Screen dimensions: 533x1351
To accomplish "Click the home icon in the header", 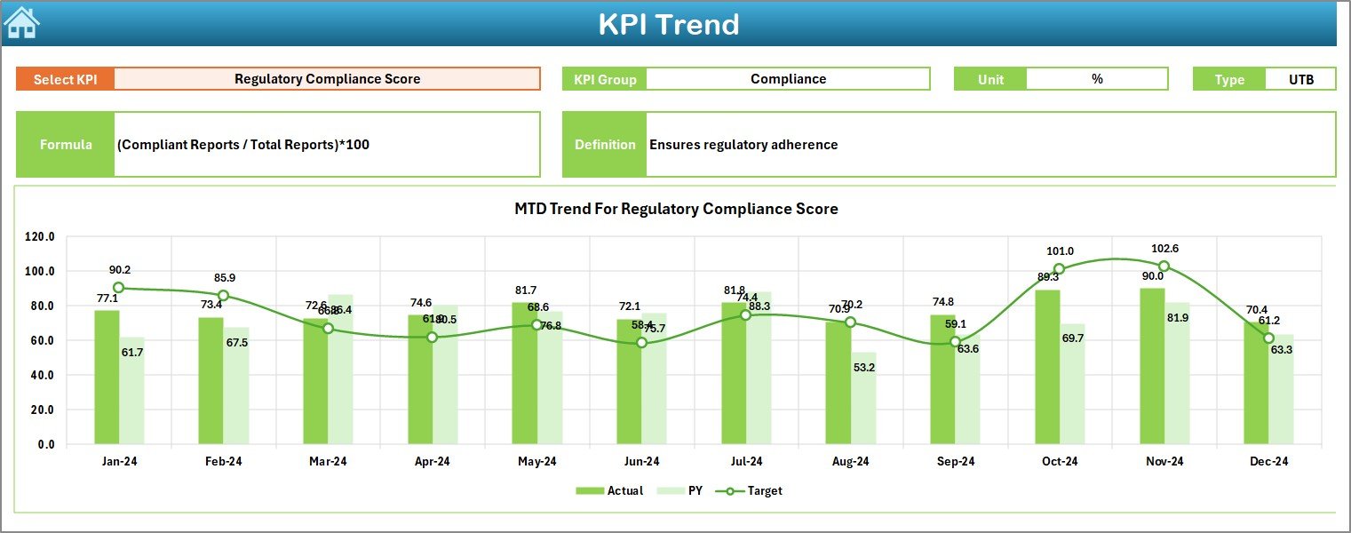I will [22, 23].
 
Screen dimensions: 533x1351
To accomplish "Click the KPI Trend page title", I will [668, 24].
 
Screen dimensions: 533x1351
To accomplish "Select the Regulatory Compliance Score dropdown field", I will [327, 79].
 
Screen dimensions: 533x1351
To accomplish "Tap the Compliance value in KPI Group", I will [788, 79].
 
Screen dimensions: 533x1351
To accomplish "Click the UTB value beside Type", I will [1300, 79].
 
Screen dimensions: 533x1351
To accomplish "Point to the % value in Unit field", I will [1097, 79].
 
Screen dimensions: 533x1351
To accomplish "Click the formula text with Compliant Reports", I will [243, 144].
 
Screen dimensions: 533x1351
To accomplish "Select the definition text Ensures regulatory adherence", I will [743, 144].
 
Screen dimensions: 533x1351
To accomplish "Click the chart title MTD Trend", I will [676, 209].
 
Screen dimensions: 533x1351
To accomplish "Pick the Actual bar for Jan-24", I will [107, 377].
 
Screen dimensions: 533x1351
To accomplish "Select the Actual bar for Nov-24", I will [1153, 366].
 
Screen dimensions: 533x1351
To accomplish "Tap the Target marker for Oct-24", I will [1059, 269].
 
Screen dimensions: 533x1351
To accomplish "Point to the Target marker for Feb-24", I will [223, 295].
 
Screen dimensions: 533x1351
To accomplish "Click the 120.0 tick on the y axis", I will [40, 237].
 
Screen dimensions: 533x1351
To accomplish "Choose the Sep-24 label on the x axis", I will [955, 462].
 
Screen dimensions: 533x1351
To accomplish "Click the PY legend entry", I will [683, 490].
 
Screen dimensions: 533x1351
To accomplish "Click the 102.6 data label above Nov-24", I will [1164, 249].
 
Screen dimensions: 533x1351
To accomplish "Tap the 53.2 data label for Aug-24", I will [863, 367].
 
